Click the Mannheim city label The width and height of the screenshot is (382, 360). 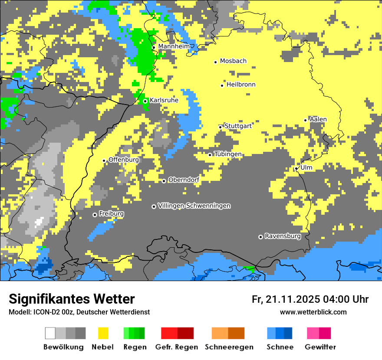174,46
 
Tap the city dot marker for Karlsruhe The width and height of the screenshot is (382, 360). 145,101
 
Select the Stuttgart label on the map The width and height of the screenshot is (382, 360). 238,126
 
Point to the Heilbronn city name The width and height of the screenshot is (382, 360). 241,85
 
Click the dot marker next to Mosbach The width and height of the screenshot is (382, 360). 215,62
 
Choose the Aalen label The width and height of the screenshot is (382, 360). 318,119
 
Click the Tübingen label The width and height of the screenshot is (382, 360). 228,154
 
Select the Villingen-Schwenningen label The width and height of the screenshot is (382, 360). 194,206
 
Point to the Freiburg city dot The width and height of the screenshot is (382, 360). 95,215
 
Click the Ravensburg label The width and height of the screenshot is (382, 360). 283,236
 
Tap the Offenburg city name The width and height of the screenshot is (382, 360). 124,160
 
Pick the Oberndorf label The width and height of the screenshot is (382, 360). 184,180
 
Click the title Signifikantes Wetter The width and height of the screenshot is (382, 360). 72,299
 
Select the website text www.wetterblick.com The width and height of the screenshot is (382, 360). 313,312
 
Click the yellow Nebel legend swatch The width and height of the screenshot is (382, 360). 103,333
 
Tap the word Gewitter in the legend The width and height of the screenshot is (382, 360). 320,347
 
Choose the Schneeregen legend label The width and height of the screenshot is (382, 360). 229,347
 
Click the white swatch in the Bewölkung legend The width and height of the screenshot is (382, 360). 50,333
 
